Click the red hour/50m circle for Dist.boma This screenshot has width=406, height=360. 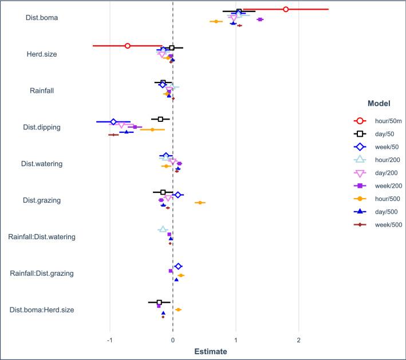[286, 9]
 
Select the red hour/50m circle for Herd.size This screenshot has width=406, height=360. [128, 46]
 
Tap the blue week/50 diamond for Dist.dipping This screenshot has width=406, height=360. [113, 122]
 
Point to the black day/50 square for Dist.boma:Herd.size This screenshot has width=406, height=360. [159, 302]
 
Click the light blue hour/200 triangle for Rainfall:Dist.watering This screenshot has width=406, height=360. [163, 229]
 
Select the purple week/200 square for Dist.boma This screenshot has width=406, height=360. [260, 19]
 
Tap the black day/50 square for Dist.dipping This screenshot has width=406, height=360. [160, 119]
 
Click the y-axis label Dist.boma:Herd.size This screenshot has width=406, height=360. [42, 310]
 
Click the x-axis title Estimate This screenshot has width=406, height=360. [204, 351]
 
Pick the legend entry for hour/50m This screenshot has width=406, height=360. [385, 121]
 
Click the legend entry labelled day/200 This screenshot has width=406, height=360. [385, 173]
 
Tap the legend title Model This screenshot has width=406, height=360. [377, 104]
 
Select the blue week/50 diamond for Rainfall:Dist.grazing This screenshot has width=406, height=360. [178, 266]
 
